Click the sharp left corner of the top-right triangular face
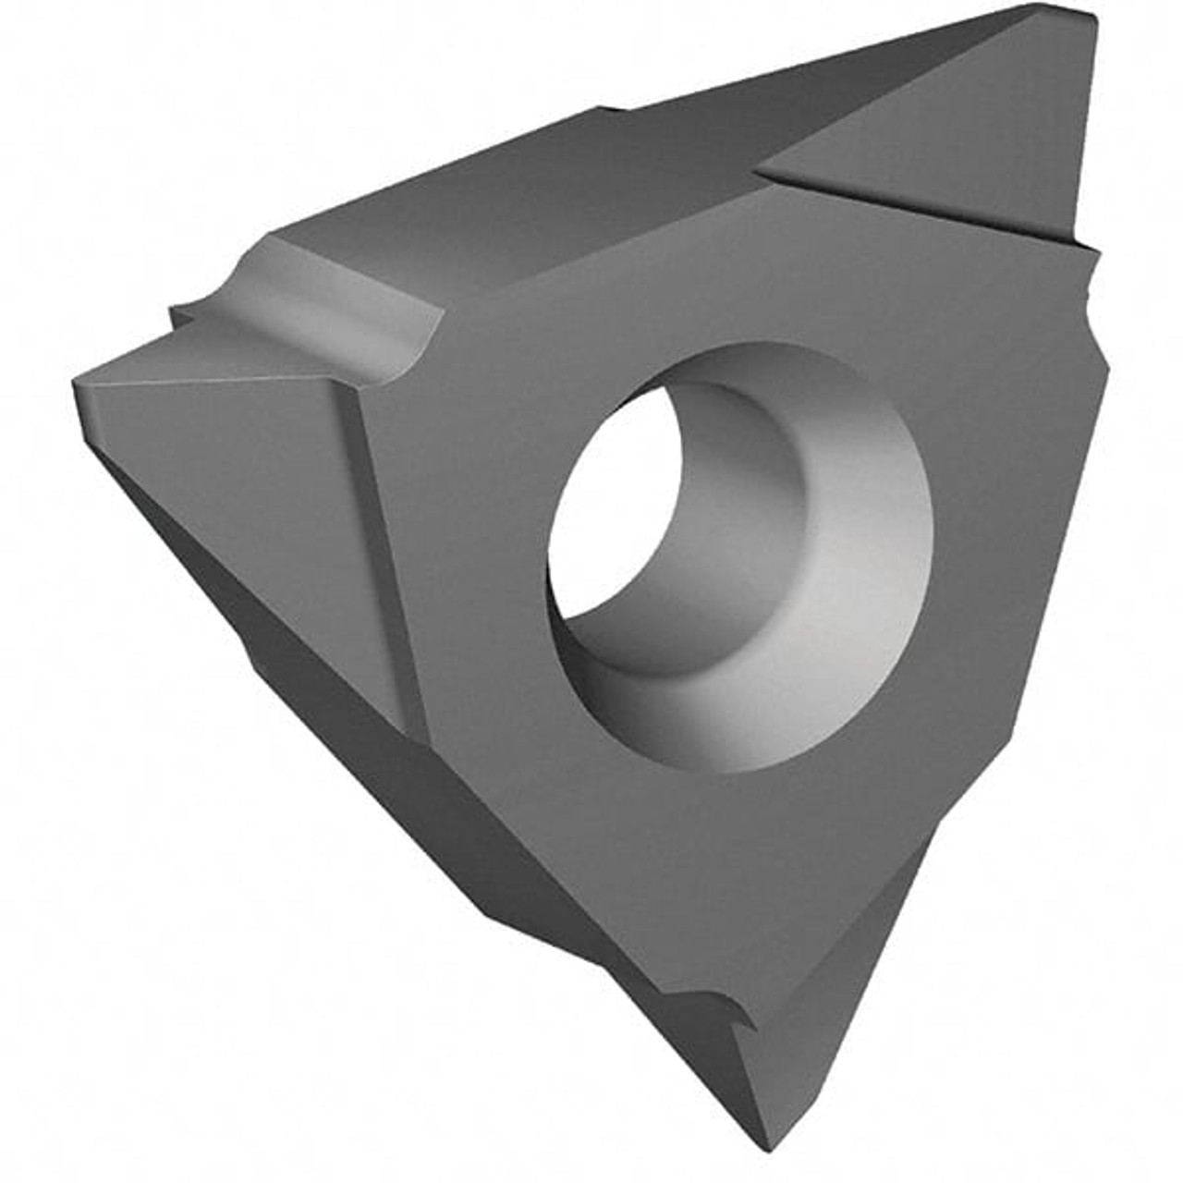(x=762, y=168)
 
